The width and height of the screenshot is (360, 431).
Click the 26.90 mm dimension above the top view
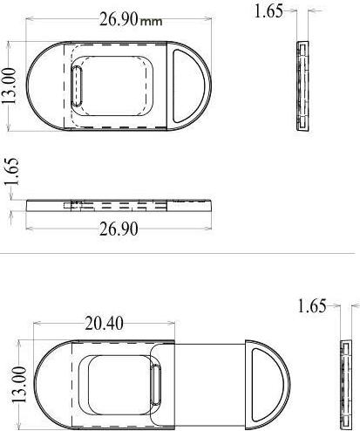[119, 18]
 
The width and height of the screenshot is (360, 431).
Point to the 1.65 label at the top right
[268, 11]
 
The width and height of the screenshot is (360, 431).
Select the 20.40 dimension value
[103, 323]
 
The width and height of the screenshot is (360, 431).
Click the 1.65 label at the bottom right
[312, 306]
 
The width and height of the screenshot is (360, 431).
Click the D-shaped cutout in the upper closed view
[186, 85]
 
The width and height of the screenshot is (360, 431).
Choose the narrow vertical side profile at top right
[302, 86]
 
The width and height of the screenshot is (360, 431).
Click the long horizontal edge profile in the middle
[119, 206]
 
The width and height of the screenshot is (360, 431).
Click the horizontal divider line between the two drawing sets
[180, 253]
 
